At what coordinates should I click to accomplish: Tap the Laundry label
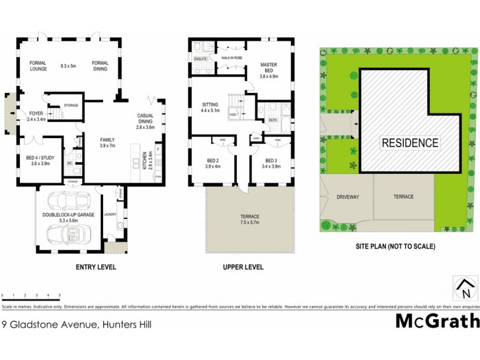tap(110, 214)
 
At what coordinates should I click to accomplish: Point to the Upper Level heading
tap(243, 267)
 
